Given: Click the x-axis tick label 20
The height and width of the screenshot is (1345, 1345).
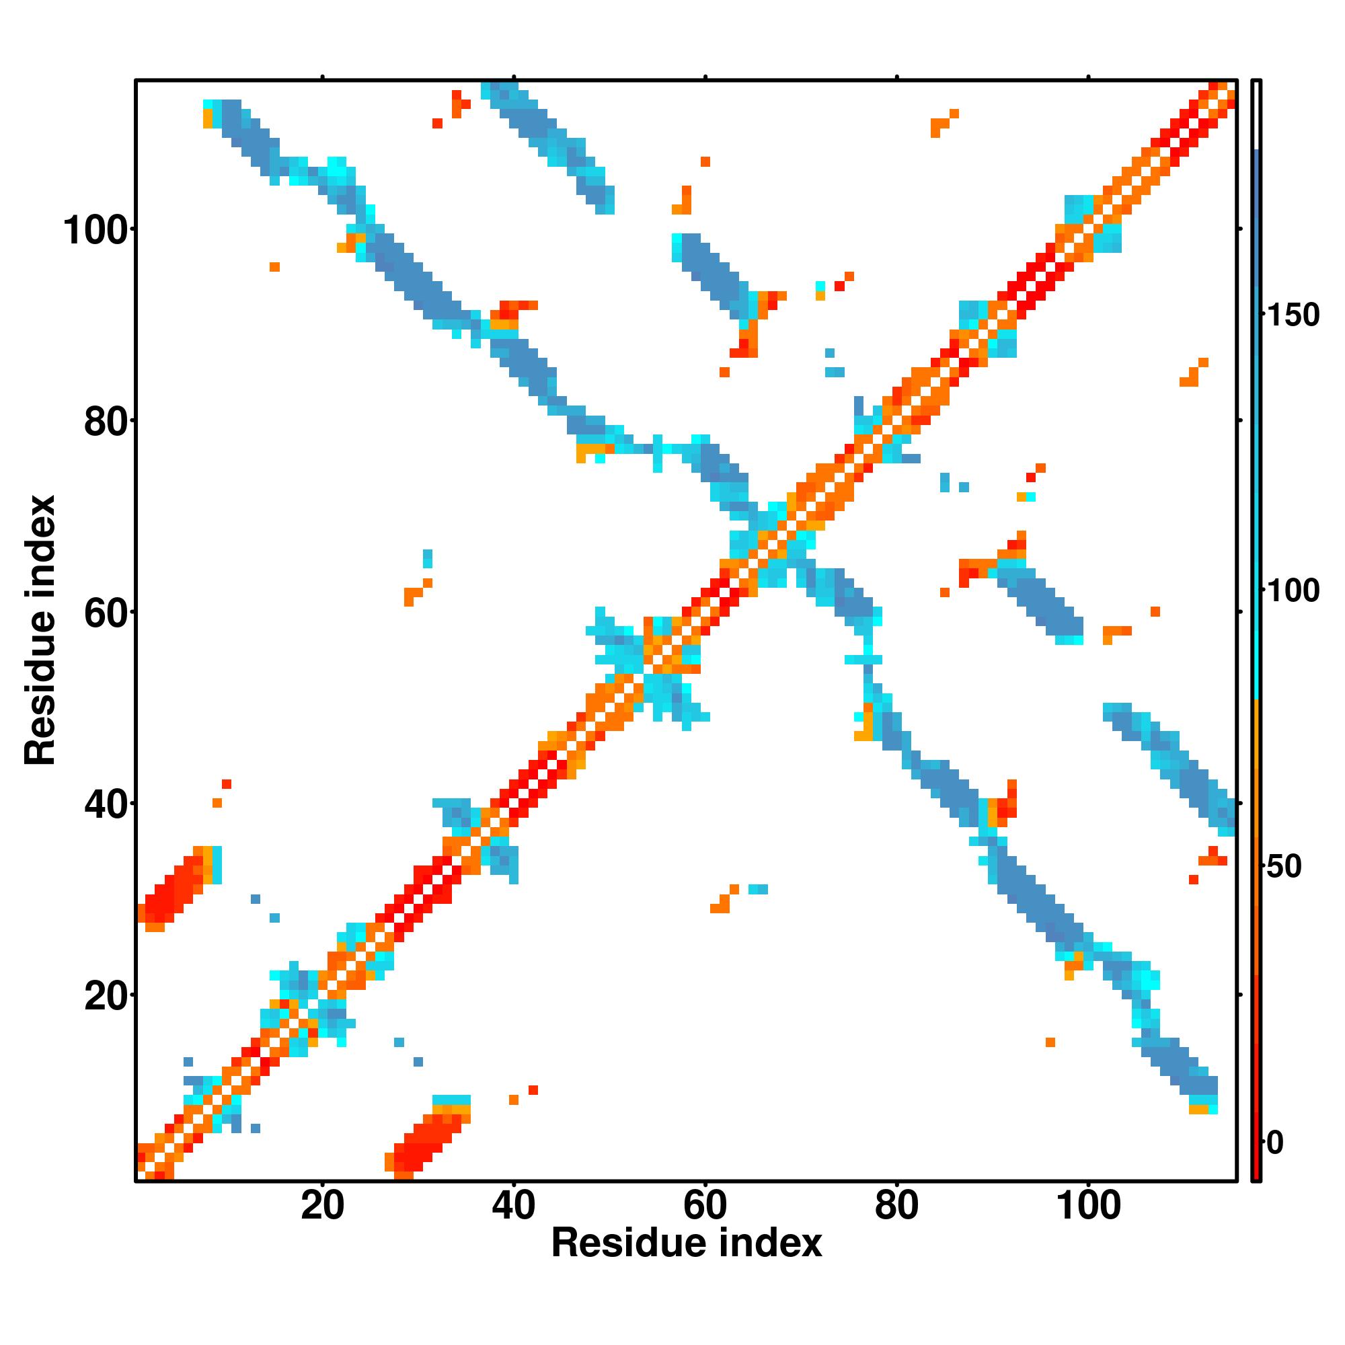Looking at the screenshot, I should pos(322,1147).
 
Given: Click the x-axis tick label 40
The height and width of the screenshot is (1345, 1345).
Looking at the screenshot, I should pos(514,1147).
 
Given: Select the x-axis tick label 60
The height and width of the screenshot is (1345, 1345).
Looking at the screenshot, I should pos(705,1147).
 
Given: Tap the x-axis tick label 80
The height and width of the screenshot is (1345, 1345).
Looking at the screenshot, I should pos(896,1147).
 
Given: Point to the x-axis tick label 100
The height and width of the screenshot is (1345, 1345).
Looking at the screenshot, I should pos(1087,1147).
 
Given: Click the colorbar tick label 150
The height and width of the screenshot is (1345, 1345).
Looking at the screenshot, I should pos(1292,315).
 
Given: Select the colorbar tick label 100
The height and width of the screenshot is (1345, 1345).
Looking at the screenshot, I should pos(1292,591).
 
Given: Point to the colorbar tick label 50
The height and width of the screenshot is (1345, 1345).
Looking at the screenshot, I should pos(1284,867).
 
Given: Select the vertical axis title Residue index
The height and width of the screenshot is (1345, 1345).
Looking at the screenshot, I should pos(40,630).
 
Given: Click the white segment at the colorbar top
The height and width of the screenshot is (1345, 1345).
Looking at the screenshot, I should pos(1257,115).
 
